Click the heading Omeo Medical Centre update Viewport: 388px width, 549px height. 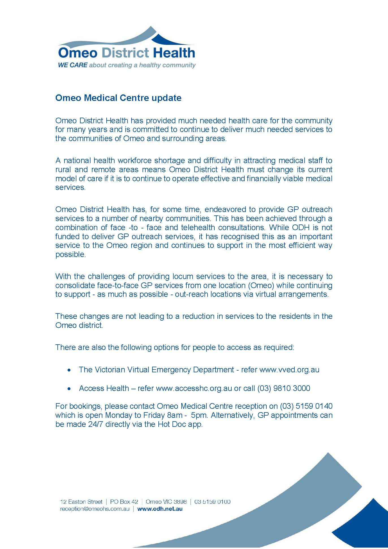pos(118,98)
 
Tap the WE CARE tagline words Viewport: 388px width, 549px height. pos(73,65)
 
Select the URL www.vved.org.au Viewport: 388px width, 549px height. pos(289,370)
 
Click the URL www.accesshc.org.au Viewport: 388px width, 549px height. pos(194,388)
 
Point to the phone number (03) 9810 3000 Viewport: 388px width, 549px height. pos(284,388)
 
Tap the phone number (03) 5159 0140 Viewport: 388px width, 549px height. pos(306,406)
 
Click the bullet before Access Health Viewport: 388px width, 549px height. pos(69,389)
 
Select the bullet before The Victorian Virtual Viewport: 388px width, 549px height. pos(69,370)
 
